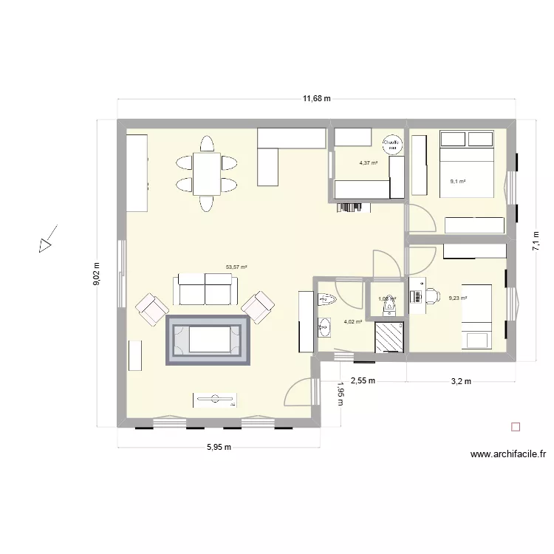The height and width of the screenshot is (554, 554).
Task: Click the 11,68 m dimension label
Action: click(x=315, y=98)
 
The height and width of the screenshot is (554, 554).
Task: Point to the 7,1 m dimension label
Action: click(x=536, y=240)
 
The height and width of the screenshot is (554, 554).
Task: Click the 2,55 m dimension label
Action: click(x=363, y=381)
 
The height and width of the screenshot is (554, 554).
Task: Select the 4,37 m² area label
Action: click(x=369, y=163)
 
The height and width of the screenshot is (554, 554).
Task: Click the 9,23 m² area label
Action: click(x=458, y=298)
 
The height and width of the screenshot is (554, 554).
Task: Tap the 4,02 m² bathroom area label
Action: click(x=352, y=321)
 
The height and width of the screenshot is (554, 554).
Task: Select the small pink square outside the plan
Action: click(x=515, y=426)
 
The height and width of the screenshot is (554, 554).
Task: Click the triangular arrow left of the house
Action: click(x=46, y=244)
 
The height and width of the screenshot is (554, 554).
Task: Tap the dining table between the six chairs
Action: click(x=206, y=173)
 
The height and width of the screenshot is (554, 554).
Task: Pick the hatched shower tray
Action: click(x=389, y=337)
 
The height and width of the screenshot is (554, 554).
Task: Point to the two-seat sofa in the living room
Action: click(x=204, y=289)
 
